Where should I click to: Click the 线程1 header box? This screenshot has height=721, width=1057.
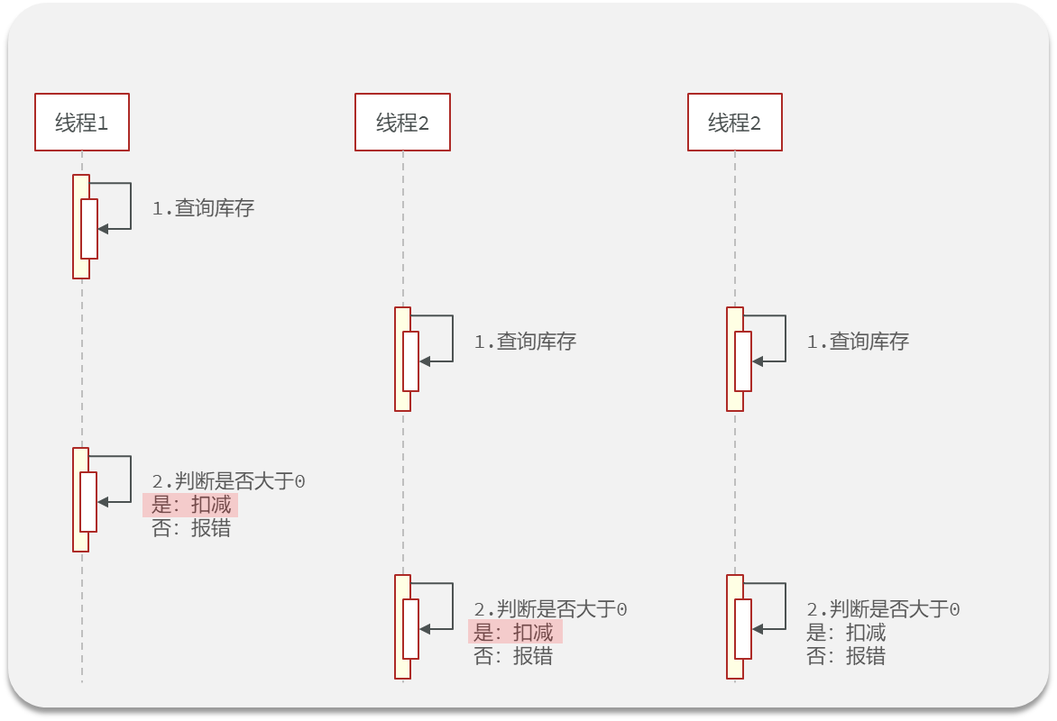[82, 122]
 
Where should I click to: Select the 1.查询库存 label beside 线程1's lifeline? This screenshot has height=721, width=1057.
[203, 208]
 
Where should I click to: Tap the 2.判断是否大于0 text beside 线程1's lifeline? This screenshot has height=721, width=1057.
[229, 481]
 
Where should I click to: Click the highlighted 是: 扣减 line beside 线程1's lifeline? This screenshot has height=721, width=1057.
[190, 505]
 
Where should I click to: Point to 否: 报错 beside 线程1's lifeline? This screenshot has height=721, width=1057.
[190, 528]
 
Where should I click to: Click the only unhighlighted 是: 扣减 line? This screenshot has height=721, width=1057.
[846, 633]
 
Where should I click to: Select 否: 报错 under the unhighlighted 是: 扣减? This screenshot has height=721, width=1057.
[846, 656]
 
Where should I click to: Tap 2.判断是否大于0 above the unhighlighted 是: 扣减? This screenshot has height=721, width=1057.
[883, 609]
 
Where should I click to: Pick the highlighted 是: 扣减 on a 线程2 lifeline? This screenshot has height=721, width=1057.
[514, 633]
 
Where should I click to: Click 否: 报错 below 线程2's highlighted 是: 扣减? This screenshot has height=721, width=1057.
[513, 656]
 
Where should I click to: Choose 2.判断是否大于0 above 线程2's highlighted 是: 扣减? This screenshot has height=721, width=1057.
[551, 609]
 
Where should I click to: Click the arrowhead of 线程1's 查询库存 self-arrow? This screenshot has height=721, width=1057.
[103, 229]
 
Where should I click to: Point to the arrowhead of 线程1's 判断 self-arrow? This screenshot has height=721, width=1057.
[103, 502]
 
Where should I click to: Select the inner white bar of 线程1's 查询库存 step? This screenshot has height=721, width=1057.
[89, 228]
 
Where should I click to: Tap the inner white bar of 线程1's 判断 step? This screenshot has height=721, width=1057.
[88, 501]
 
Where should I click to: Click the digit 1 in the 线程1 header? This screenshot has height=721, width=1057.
[103, 123]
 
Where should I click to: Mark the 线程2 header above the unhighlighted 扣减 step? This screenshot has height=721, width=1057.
[735, 122]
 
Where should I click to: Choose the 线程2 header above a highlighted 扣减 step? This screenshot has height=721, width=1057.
[402, 122]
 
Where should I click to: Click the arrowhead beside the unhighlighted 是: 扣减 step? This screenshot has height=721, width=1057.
[757, 629]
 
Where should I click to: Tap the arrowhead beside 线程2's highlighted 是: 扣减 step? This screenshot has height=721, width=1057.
[425, 629]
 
